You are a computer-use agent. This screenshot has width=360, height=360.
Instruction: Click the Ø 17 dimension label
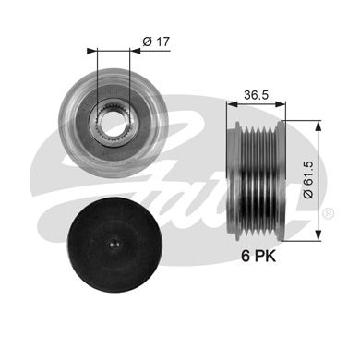[x=156, y=42]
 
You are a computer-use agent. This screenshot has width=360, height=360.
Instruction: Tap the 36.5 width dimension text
[x=257, y=95]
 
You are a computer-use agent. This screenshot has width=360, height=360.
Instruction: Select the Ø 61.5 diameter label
[x=308, y=180]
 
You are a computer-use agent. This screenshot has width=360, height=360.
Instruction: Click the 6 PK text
[x=258, y=256]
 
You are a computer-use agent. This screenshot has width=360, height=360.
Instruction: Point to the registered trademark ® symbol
[x=329, y=213]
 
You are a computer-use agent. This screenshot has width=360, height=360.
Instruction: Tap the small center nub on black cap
[x=114, y=244]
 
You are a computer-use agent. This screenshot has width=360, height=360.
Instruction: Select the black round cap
[x=114, y=245]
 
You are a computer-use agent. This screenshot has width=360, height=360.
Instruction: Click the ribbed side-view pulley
[x=257, y=181]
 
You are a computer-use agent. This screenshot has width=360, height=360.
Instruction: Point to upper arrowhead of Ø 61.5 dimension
[x=318, y=126]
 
